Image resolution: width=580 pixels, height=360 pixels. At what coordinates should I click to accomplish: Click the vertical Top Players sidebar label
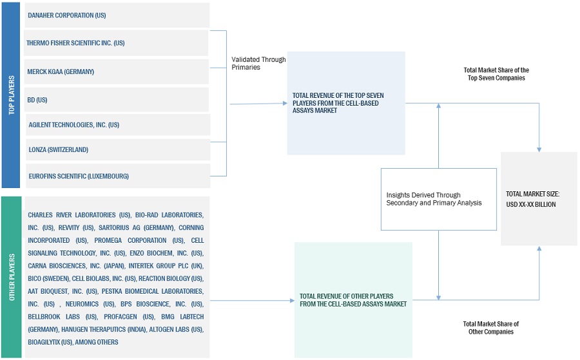11,95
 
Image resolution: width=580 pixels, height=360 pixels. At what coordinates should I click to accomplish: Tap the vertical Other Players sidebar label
11,277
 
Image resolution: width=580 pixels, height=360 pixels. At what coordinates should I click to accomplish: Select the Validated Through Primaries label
258,63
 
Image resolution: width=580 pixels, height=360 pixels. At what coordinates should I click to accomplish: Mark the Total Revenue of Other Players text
353,300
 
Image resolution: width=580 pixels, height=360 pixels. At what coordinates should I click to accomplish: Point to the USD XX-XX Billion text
530,204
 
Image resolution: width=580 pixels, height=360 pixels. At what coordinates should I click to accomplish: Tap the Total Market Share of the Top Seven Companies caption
496,73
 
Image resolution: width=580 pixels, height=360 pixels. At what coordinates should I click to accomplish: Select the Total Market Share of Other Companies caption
490,328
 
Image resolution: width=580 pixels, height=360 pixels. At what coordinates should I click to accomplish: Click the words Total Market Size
532,194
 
